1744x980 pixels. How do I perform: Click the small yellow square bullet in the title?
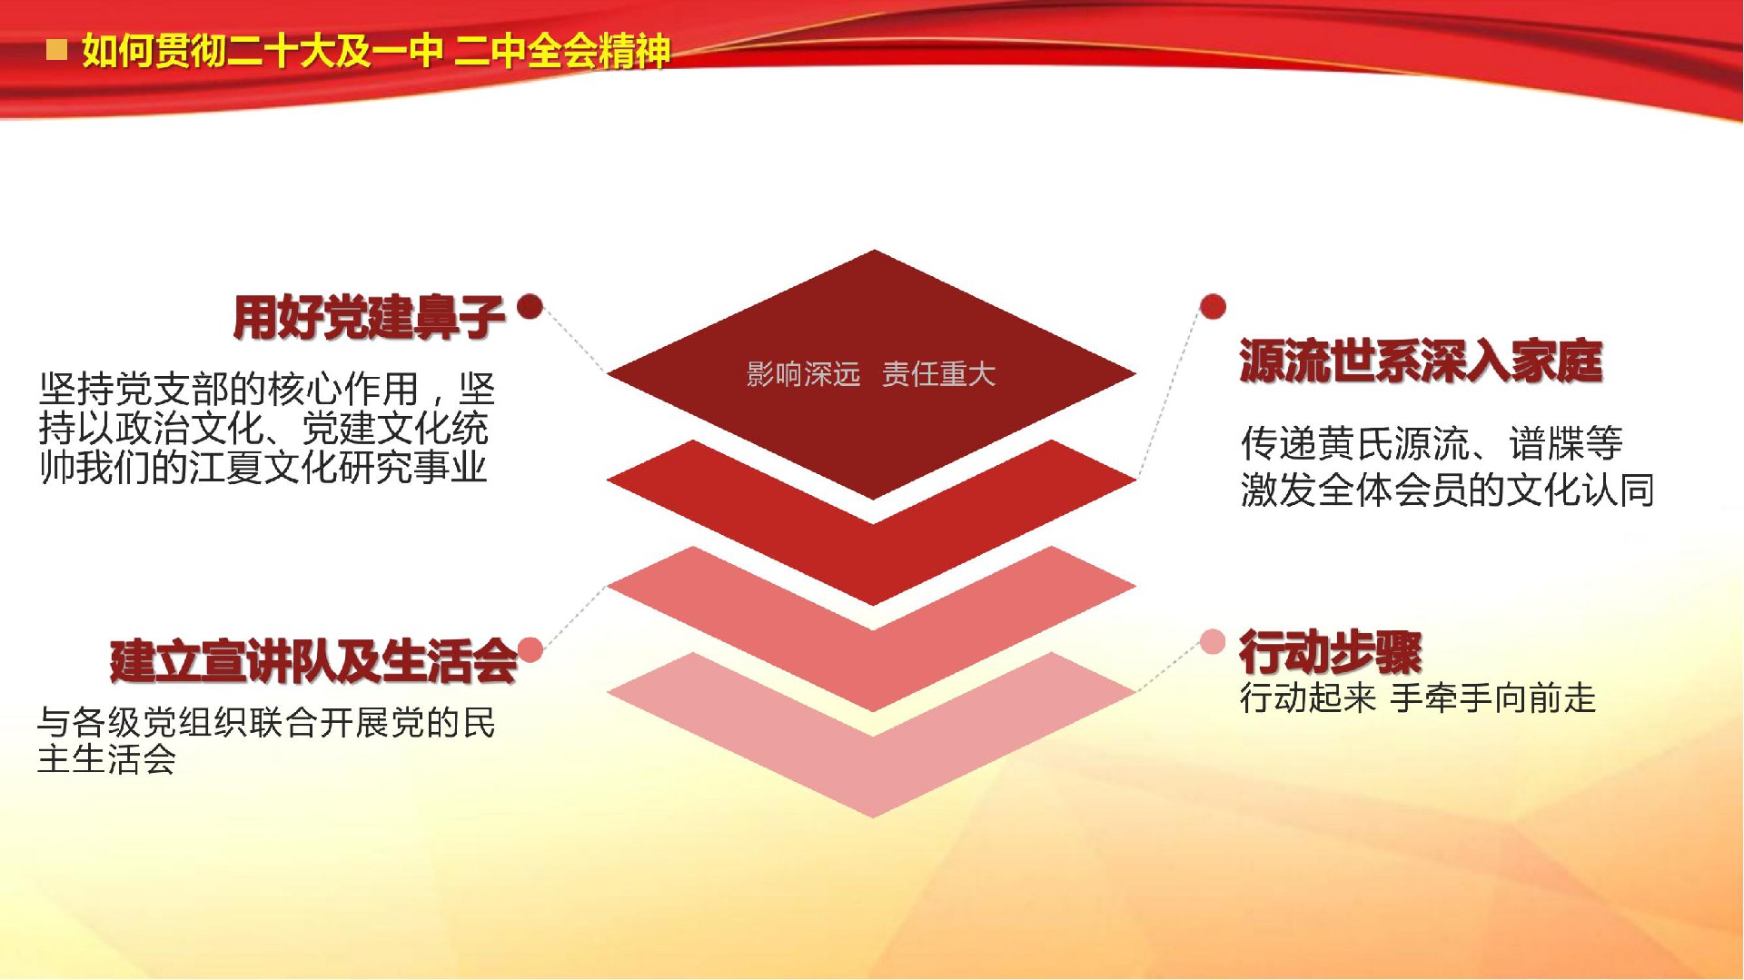coord(56,49)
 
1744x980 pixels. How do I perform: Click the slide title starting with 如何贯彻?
coord(376,51)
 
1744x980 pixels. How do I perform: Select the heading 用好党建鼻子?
coord(369,317)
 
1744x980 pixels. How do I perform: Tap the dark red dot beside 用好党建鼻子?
coord(530,306)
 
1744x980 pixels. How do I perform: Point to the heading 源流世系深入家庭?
coord(1421,361)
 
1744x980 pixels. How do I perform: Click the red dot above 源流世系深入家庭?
coord(1213,307)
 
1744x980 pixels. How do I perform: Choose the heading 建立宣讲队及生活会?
coord(313,660)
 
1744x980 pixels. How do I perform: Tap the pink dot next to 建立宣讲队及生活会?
coord(530,649)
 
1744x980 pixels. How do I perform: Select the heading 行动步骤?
coord(1331,651)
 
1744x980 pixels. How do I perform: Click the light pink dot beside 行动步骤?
coord(1213,642)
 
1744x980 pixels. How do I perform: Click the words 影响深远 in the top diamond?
coord(803,374)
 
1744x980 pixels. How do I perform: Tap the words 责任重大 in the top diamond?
coord(939,374)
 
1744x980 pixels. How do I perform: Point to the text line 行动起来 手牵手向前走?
coord(1418,698)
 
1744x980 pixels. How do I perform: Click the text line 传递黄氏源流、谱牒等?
coord(1432,443)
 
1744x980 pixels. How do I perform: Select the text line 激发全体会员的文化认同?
coord(1447,490)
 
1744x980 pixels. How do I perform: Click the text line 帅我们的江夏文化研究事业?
coord(263,467)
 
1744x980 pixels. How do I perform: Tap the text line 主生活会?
coord(106,758)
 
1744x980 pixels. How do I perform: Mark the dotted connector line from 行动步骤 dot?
coord(1170,667)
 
